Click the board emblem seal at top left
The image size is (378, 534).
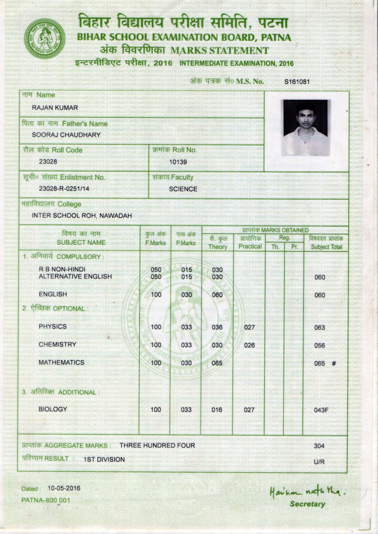[44, 38]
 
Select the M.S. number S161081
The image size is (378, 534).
[297, 81]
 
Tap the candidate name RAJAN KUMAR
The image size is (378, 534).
[55, 108]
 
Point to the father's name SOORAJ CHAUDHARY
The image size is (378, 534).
[66, 135]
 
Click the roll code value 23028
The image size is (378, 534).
[48, 162]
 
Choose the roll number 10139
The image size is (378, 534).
[178, 162]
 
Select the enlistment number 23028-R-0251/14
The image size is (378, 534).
[64, 189]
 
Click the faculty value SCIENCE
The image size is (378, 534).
[183, 189]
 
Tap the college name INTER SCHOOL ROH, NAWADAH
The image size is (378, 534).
[82, 216]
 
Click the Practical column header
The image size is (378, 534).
[250, 246]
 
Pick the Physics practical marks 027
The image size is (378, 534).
[249, 327]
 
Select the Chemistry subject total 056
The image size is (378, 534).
[320, 346]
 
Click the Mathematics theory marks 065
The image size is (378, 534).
[217, 363]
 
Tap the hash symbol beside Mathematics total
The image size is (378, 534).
[334, 363]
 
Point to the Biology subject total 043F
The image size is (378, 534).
[321, 410]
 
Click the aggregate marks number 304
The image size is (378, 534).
[319, 446]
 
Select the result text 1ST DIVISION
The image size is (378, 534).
[104, 460]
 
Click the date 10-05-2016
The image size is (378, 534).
[64, 488]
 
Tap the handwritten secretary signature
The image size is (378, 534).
[307, 492]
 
